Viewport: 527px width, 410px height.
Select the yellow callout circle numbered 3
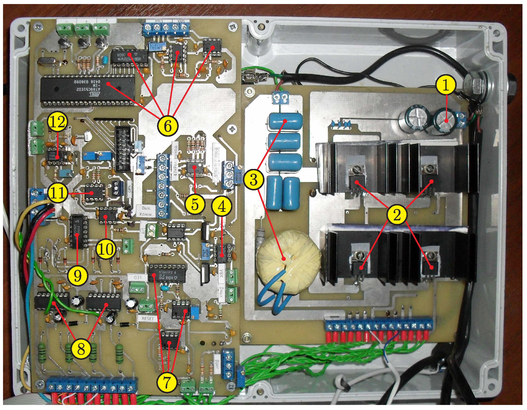(254, 180)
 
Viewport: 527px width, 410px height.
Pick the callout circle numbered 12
(58, 122)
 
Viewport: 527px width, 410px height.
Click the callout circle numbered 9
(77, 276)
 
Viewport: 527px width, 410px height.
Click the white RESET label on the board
(147, 318)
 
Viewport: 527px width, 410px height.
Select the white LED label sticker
(138, 277)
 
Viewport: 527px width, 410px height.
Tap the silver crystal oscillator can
(49, 62)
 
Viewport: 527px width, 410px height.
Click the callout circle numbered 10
(106, 249)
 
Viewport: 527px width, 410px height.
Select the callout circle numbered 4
(222, 207)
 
